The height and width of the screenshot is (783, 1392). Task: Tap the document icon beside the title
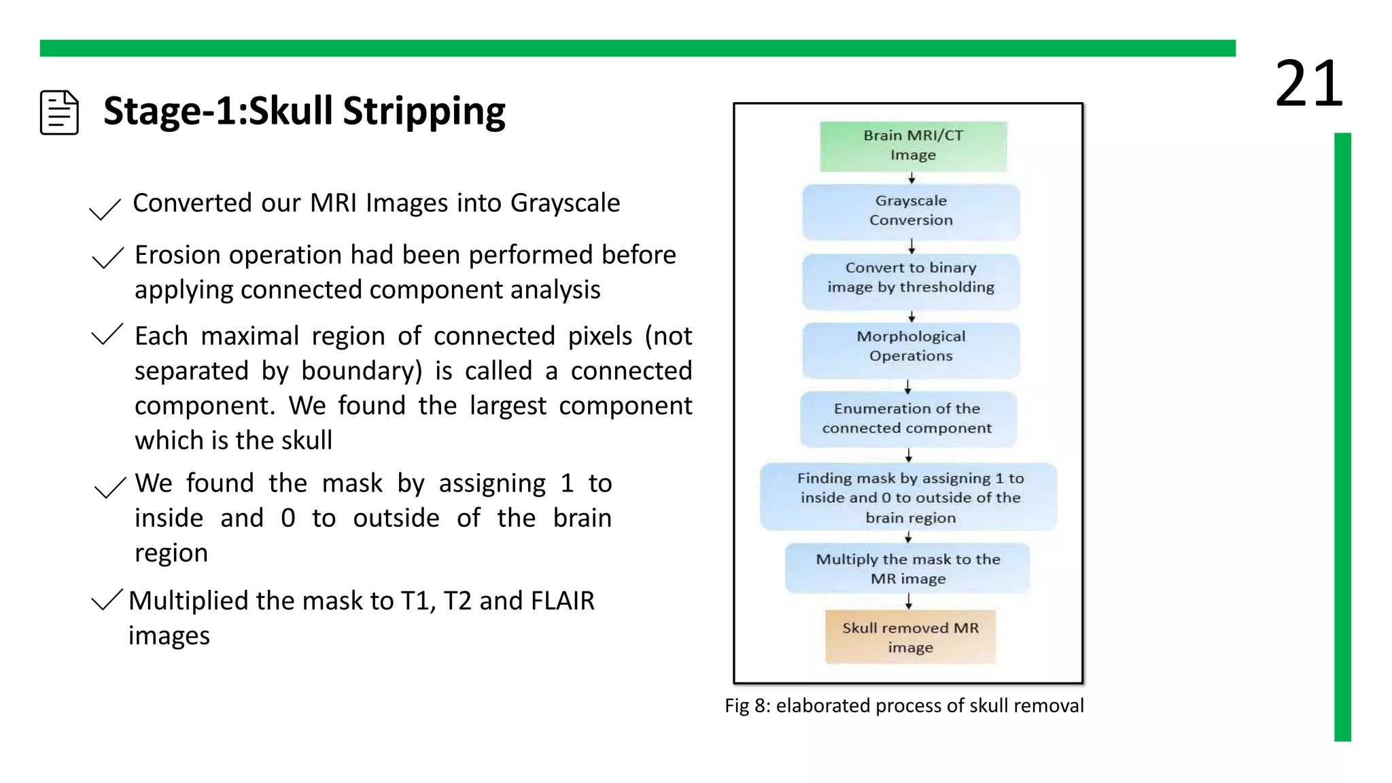coord(59,112)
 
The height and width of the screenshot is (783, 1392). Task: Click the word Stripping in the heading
coord(424,111)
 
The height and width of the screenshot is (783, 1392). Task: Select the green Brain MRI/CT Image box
coord(913,145)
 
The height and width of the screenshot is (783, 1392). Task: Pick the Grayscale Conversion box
coord(911,211)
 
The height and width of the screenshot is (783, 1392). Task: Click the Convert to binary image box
coord(911,278)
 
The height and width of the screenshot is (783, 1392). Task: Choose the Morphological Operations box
coord(911,347)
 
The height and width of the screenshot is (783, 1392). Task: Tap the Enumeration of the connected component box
coord(907,419)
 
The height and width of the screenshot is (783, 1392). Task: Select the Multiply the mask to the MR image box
coord(908,569)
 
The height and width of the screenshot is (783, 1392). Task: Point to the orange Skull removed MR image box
coord(910,638)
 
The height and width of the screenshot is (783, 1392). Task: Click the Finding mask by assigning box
coord(909,498)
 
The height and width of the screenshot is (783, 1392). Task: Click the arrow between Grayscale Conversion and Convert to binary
coord(911,246)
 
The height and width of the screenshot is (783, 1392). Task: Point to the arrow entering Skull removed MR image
coord(909,602)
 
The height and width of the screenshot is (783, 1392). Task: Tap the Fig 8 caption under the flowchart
coord(904,706)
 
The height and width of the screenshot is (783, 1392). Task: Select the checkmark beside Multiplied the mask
coord(107,599)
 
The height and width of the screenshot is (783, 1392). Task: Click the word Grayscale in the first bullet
coord(565,203)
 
